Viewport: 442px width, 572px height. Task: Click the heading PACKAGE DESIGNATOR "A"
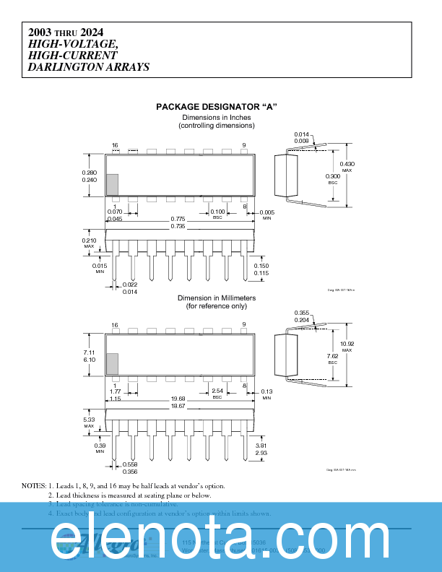tap(217, 107)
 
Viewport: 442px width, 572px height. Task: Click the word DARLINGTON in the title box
tap(63, 67)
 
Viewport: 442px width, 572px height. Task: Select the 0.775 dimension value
tap(178, 219)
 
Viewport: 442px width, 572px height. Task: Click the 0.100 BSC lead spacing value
tap(217, 212)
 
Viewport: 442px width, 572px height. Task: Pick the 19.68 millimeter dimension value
tap(178, 399)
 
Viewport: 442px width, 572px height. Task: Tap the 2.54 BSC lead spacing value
tap(217, 391)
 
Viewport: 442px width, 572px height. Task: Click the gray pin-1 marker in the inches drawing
tap(112, 184)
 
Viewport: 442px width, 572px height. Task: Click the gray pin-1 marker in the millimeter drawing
tap(112, 364)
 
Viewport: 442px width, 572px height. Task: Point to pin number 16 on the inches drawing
tap(115, 146)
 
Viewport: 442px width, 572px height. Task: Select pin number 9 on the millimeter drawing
tap(244, 325)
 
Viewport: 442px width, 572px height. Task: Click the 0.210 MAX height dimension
tap(90, 241)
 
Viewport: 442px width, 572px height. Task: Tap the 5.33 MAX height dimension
tap(90, 420)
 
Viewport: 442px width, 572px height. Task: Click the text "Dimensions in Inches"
tap(217, 117)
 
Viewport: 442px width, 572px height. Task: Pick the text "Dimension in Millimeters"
tap(217, 298)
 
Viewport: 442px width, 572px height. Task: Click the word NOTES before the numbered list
tap(33, 485)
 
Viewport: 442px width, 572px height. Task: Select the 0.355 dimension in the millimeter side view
tap(302, 313)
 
